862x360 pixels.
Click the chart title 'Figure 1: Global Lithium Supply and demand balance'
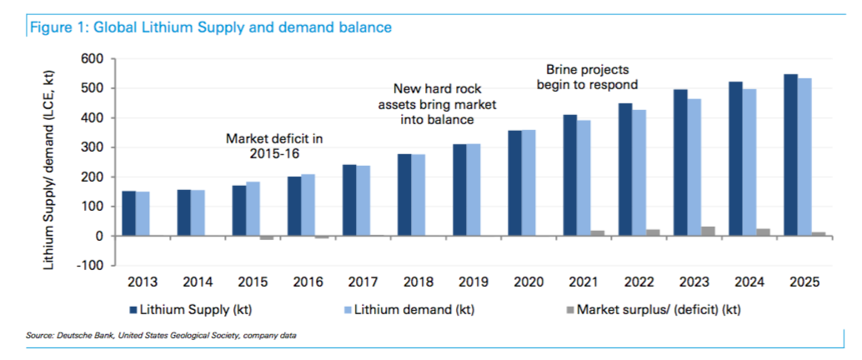coord(210,27)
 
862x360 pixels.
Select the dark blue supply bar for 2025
coord(790,155)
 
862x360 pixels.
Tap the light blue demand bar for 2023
coord(694,167)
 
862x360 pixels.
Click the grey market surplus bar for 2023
coord(708,231)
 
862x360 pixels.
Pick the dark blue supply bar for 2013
coord(128,213)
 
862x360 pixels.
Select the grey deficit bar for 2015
coord(266,237)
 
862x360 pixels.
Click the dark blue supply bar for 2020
coord(515,183)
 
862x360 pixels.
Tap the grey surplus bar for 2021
coord(598,233)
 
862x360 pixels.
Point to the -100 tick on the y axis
coord(89,266)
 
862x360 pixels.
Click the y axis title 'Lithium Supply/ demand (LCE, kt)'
coord(50,161)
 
